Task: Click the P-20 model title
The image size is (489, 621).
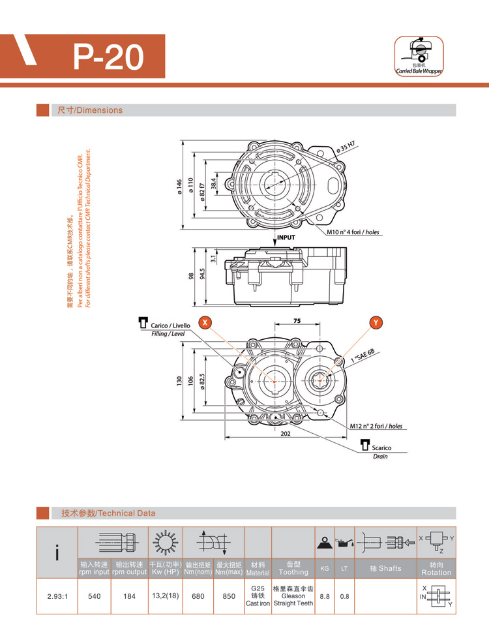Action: (108, 57)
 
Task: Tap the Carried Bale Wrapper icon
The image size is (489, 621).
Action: (418, 57)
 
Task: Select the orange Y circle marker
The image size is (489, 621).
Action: (376, 322)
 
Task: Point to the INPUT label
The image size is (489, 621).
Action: (286, 238)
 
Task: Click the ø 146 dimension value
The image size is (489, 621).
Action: (179, 187)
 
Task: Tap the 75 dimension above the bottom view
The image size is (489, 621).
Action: (297, 322)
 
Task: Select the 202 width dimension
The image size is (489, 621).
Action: (286, 434)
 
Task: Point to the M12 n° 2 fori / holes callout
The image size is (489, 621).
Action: (376, 426)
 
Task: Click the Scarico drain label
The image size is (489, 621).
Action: (381, 448)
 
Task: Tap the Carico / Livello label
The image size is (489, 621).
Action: (170, 326)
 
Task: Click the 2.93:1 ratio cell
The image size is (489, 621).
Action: (58, 596)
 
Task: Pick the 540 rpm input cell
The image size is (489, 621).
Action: (95, 596)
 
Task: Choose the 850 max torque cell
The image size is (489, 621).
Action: (229, 596)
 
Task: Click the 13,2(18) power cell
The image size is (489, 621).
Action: (165, 596)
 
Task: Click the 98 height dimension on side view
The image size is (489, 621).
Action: (191, 277)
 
